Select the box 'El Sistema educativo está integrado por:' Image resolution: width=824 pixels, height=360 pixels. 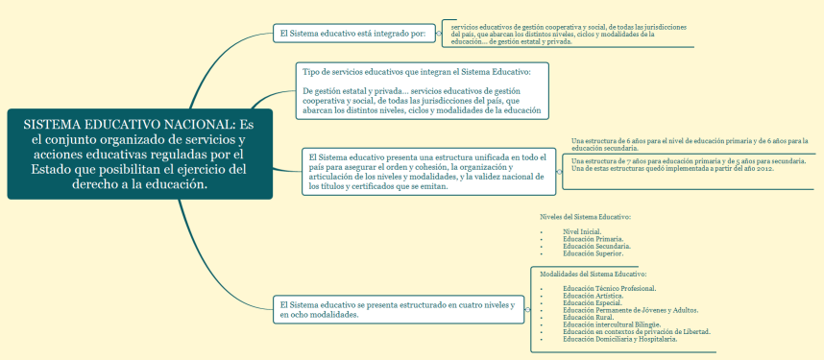(351, 34)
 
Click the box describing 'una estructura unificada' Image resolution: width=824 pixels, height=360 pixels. (427, 171)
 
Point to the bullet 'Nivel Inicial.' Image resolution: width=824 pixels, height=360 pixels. (583, 231)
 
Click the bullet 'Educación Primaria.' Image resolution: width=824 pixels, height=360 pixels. (593, 239)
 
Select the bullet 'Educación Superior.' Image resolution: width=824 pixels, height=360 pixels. (593, 253)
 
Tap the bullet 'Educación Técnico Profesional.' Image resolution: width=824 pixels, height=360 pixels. (610, 288)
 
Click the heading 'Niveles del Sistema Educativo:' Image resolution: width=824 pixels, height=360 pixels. (586, 217)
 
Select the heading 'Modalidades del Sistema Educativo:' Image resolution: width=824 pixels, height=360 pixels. (594, 275)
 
